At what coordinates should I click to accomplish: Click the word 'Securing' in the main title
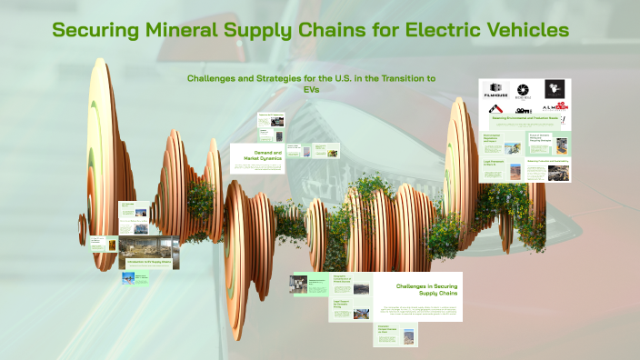click(x=95, y=30)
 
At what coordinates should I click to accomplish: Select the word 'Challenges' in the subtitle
click(x=218, y=79)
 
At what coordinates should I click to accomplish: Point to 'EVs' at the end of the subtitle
click(x=312, y=90)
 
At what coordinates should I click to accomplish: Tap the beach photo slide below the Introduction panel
click(x=135, y=279)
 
